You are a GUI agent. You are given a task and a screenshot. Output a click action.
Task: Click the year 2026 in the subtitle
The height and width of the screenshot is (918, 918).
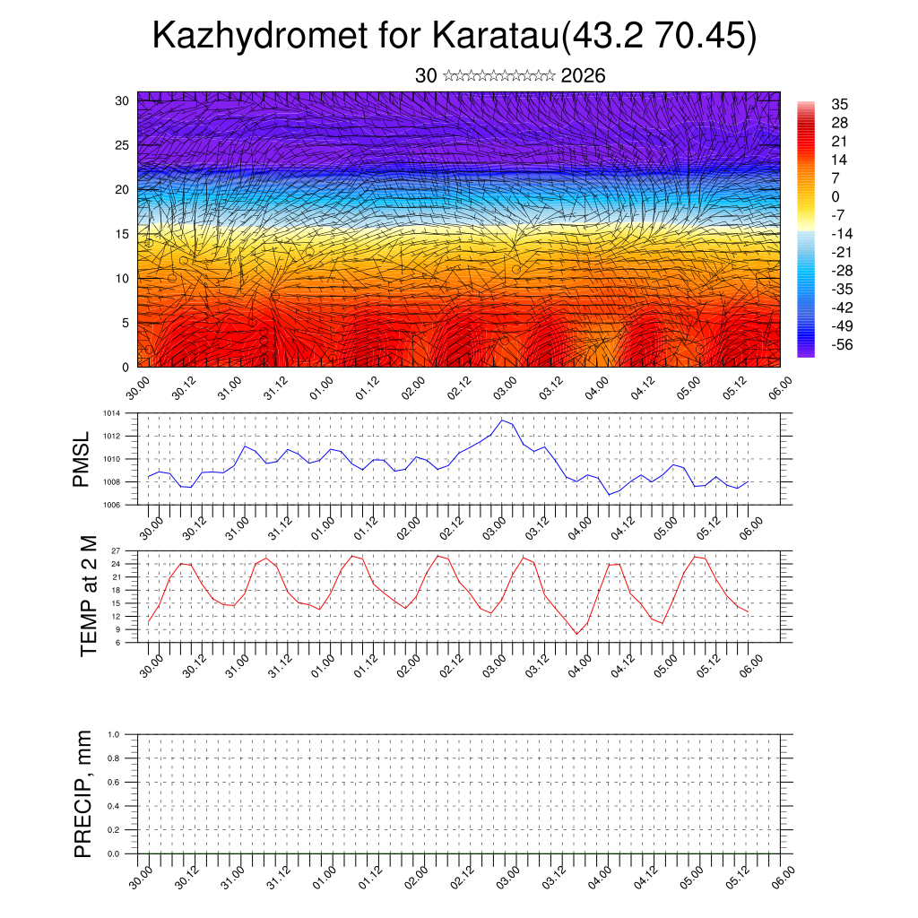(583, 76)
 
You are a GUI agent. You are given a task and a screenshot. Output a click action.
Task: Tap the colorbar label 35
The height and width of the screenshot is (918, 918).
(840, 104)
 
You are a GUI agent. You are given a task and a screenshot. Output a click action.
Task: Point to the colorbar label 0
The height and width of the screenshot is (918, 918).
(836, 196)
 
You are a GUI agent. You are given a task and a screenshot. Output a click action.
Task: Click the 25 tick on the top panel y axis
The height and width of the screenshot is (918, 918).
(123, 144)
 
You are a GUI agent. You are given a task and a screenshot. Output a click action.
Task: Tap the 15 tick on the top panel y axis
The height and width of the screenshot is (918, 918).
(123, 234)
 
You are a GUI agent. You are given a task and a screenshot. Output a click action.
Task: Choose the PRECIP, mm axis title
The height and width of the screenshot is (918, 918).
(83, 794)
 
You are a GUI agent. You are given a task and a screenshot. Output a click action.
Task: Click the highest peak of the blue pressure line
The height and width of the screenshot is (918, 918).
(503, 420)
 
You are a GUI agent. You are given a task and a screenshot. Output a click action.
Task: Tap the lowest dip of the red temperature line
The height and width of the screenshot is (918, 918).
(577, 634)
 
